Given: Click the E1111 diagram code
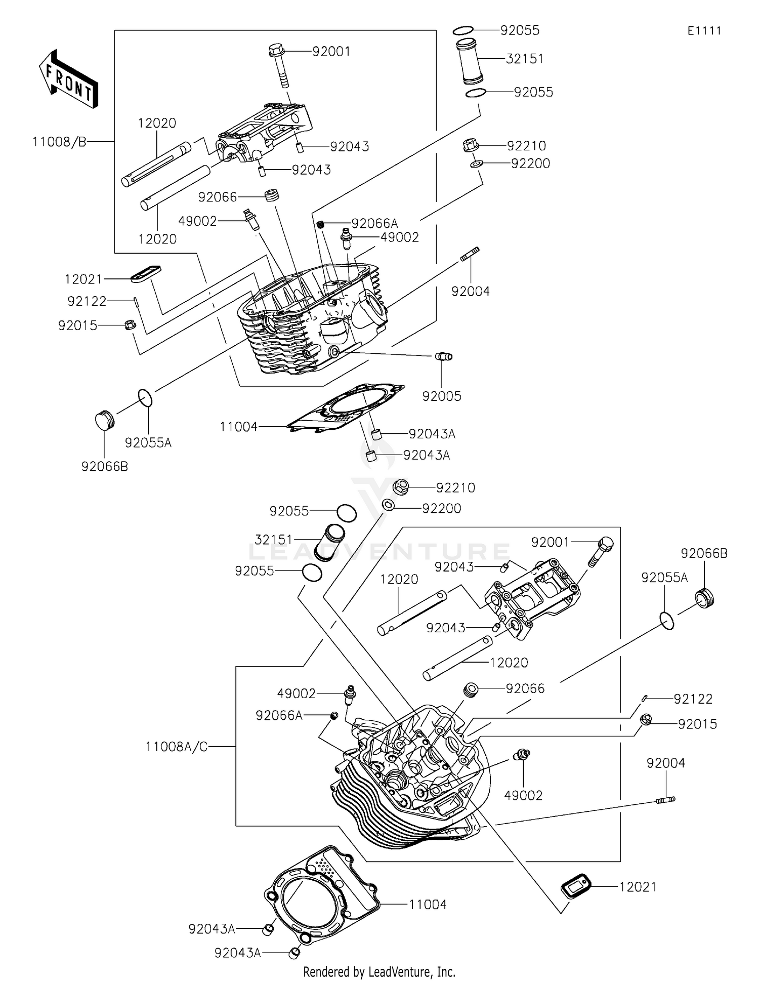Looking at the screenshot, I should pos(704,31).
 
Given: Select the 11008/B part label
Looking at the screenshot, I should pos(59,142).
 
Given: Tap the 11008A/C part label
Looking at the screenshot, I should pos(176,747).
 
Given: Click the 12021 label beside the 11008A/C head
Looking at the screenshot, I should pos(638,887).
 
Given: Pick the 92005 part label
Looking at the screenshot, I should pos(442,396).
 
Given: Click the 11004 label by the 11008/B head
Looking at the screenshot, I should pos(239,427).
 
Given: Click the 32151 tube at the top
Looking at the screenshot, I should pos(470,61).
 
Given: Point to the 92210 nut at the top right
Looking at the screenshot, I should pos(471,146).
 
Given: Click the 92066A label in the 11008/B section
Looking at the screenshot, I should pos(375,223).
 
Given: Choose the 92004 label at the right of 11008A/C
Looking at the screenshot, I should pos(665,763).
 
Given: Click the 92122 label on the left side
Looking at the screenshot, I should pos(87,302).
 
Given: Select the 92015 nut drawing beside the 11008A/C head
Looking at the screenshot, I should pos(645,719).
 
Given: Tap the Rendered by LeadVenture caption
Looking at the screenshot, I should pos(379,971).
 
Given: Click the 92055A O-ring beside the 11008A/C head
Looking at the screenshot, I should pos(667,621).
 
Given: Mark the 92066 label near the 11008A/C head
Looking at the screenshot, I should pos(525,688).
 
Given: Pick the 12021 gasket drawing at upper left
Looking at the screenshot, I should pos(146,273).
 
